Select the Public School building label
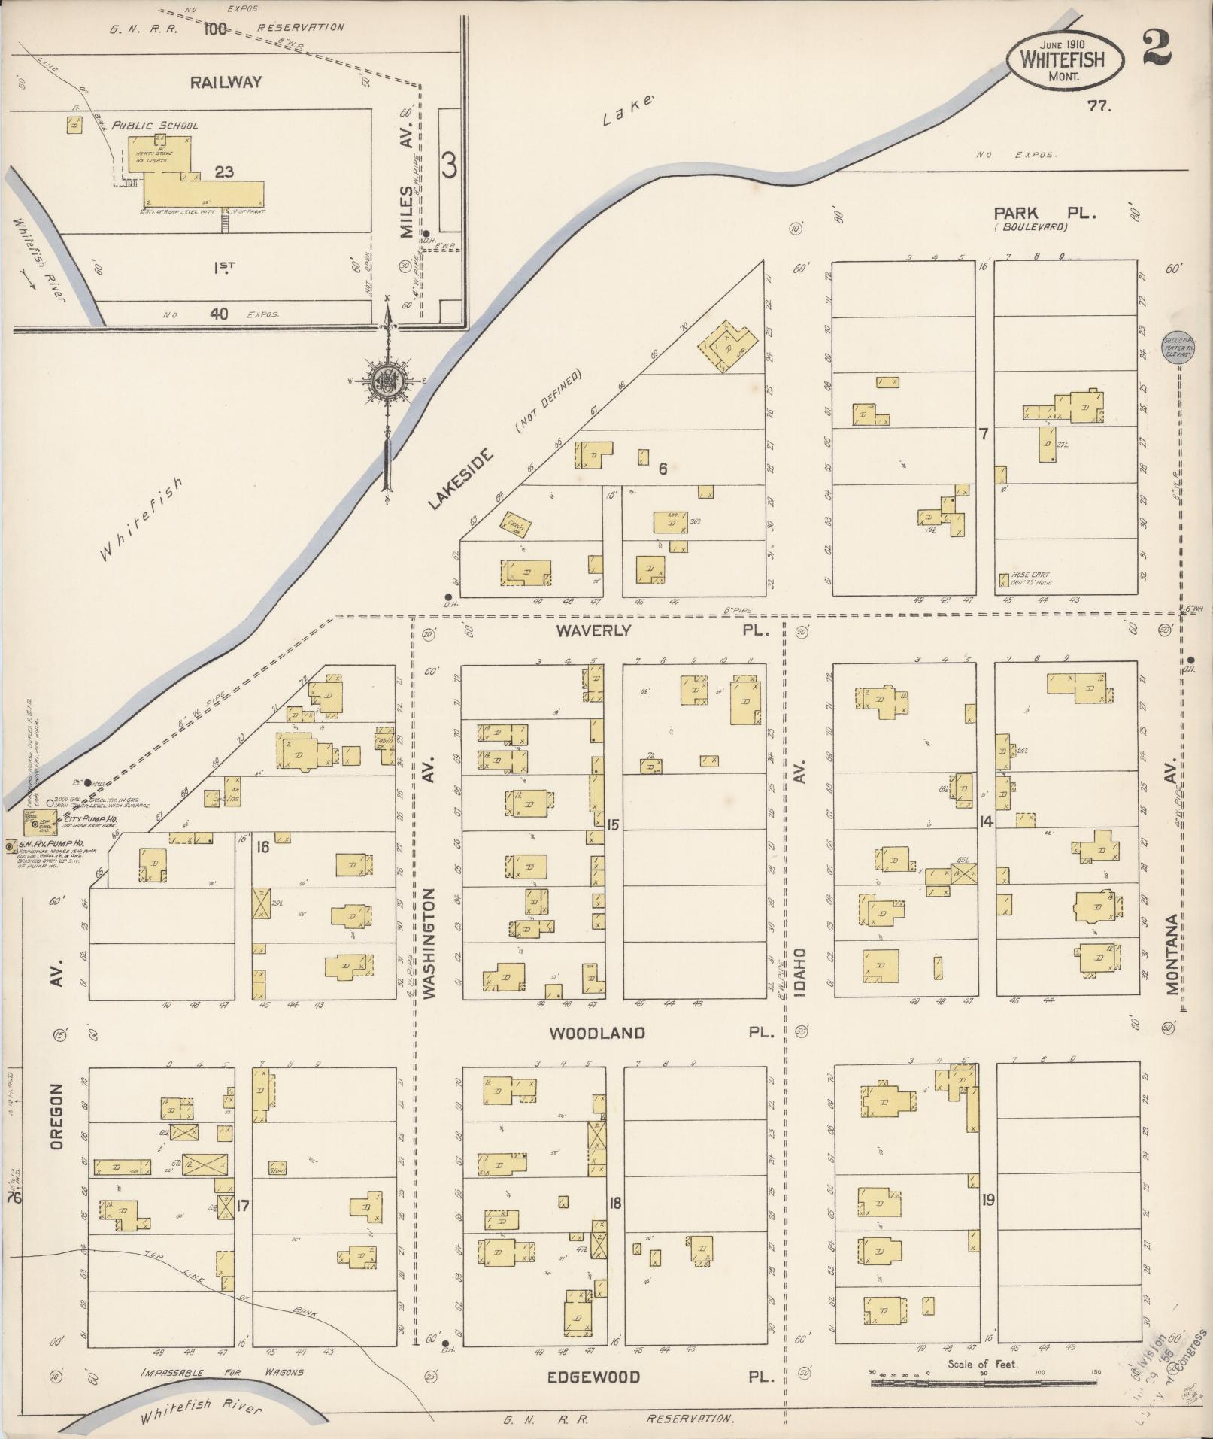pos(155,125)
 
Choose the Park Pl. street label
pos(1045,214)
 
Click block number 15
pos(613,825)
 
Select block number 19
pos(987,1200)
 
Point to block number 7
pos(982,433)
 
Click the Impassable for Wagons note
pos(222,1371)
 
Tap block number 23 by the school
pos(223,172)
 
